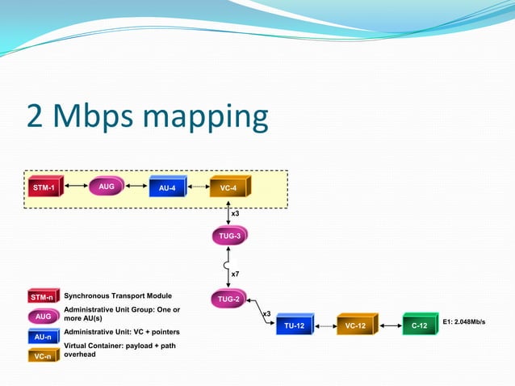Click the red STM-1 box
click(45, 188)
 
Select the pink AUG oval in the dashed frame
click(105, 187)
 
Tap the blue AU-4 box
click(167, 188)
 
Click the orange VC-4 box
click(229, 188)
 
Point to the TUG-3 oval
click(229, 236)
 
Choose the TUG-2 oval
click(229, 299)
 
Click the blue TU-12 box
click(294, 325)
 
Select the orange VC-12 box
click(356, 325)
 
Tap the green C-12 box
click(419, 325)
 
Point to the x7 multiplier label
click(235, 275)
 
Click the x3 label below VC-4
click(235, 213)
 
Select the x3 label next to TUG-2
click(266, 313)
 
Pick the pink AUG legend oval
click(43, 317)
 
